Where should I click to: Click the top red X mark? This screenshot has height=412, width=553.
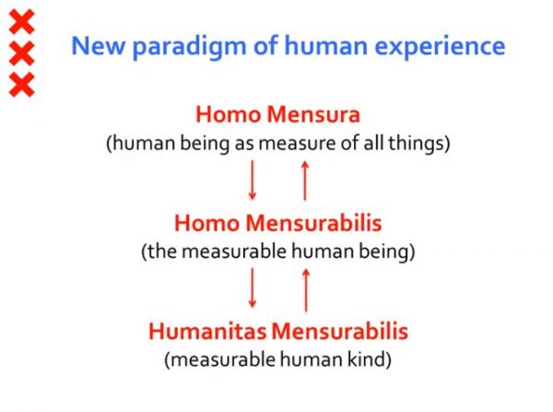[21, 22]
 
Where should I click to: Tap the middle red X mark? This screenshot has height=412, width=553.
[21, 53]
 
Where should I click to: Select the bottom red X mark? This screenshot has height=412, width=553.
[21, 85]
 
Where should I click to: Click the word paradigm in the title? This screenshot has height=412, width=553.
[189, 48]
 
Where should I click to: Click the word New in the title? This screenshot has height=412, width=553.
[98, 46]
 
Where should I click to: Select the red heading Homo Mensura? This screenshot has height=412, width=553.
[278, 114]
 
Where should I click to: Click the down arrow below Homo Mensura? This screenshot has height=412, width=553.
[252, 181]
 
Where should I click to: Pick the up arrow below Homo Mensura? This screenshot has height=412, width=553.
[305, 181]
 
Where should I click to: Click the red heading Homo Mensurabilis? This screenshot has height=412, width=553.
[278, 223]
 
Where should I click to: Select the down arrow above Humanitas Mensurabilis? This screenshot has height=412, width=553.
[253, 288]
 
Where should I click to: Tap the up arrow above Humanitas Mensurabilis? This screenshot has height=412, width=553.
[306, 290]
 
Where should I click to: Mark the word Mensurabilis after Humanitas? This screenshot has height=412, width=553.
[339, 332]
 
